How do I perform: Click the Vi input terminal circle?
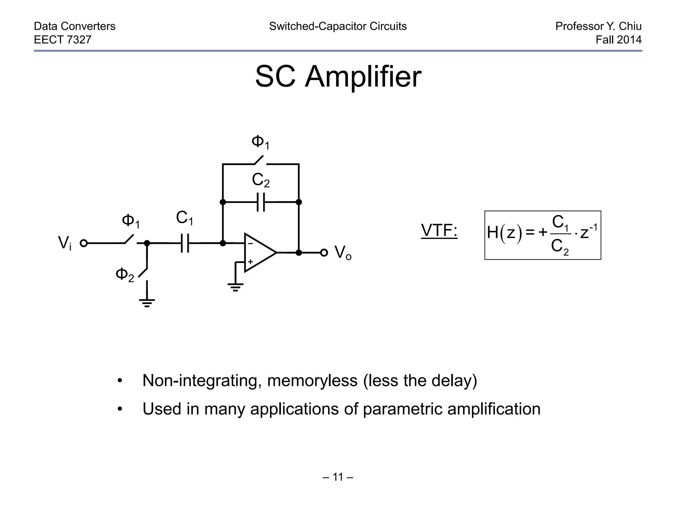pyautogui.click(x=84, y=243)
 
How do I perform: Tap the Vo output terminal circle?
pyautogui.click(x=324, y=253)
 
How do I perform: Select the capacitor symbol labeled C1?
pyautogui.click(x=185, y=243)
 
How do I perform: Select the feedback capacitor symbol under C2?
pyautogui.click(x=261, y=202)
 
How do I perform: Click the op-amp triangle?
pyautogui.click(x=258, y=253)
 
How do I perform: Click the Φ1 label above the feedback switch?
pyautogui.click(x=260, y=143)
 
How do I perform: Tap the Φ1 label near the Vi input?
pyautogui.click(x=131, y=221)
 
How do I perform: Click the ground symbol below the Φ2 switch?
pyautogui.click(x=147, y=302)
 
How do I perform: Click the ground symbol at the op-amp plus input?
pyautogui.click(x=235, y=287)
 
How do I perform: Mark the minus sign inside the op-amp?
pyautogui.click(x=250, y=244)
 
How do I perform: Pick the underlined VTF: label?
pyautogui.click(x=439, y=230)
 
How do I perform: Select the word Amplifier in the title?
pyautogui.click(x=363, y=77)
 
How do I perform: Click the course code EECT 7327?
pyautogui.click(x=63, y=40)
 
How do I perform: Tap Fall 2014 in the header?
pyautogui.click(x=618, y=40)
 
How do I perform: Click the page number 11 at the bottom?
pyautogui.click(x=338, y=477)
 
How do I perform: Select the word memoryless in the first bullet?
pyautogui.click(x=312, y=381)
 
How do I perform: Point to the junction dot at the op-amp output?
pyautogui.click(x=299, y=253)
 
